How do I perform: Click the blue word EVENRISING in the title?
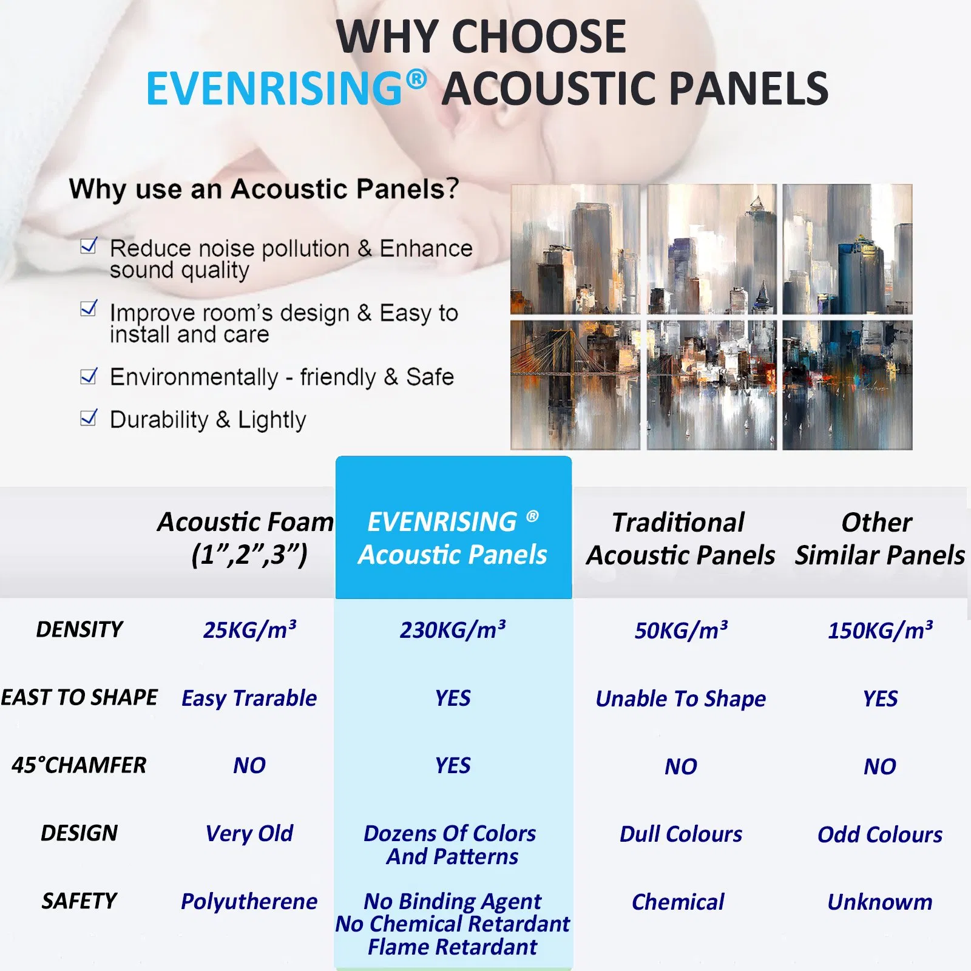pos(274,89)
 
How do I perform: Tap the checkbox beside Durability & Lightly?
pos(89,418)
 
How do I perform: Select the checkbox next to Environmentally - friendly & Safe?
pos(89,376)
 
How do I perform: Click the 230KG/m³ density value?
pos(453,630)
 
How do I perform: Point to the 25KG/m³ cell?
pos(249,630)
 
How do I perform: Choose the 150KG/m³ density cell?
pos(880,631)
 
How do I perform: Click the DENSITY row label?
pos(80,629)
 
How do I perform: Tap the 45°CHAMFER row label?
pos(79,765)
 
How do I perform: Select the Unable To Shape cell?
pos(680,699)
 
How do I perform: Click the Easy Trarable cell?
pos(249,699)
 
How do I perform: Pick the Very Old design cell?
pos(249,833)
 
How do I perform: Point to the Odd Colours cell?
pos(880,834)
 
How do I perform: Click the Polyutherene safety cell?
pos(249,901)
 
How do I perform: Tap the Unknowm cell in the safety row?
pos(880,902)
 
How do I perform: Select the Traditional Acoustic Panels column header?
pos(680,538)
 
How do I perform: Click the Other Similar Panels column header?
pos(879,538)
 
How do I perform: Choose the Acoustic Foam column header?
pos(246,538)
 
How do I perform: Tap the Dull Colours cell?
pos(680,834)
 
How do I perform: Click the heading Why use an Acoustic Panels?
pos(264,189)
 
